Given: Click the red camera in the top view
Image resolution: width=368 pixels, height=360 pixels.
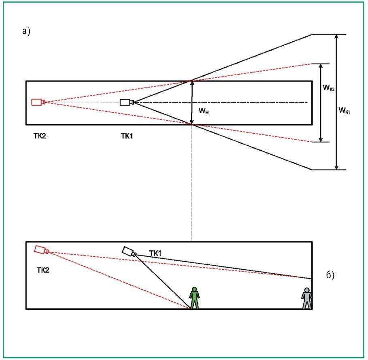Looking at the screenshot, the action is [38, 102].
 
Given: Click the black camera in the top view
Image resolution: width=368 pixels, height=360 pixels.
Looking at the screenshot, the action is [127, 102].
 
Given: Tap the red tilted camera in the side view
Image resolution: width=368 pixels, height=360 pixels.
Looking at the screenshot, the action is [42, 250].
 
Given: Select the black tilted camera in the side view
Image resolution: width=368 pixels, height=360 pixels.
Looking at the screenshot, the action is [129, 251].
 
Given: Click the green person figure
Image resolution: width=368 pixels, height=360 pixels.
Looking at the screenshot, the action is [194, 298].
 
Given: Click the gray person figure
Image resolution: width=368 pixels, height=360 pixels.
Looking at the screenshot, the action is [306, 298].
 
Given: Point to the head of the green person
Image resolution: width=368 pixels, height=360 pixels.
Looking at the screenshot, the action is [194, 289].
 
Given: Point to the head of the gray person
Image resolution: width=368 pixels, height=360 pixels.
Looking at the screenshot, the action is [306, 290].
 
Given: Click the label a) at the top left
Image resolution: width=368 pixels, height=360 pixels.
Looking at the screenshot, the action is [26, 31].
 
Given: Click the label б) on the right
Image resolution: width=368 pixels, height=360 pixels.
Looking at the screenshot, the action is [330, 275].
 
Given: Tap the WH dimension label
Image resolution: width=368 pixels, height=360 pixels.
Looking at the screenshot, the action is [204, 111].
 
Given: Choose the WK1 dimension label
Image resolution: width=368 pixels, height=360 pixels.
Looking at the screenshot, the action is [344, 110].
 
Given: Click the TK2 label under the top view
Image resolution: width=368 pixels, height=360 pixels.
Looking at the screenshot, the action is [40, 136].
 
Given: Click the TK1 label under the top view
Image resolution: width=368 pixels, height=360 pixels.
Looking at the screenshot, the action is [127, 136].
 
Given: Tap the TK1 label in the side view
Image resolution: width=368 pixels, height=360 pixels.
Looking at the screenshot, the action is [155, 253].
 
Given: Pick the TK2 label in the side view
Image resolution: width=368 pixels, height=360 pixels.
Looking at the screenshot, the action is [43, 270].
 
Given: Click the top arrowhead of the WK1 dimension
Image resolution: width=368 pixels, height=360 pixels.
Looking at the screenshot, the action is [336, 37].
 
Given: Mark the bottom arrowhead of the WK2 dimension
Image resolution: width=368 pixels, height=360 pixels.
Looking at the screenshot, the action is [321, 139].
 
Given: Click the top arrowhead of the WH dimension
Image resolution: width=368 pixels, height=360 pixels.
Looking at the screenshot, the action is [192, 83].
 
